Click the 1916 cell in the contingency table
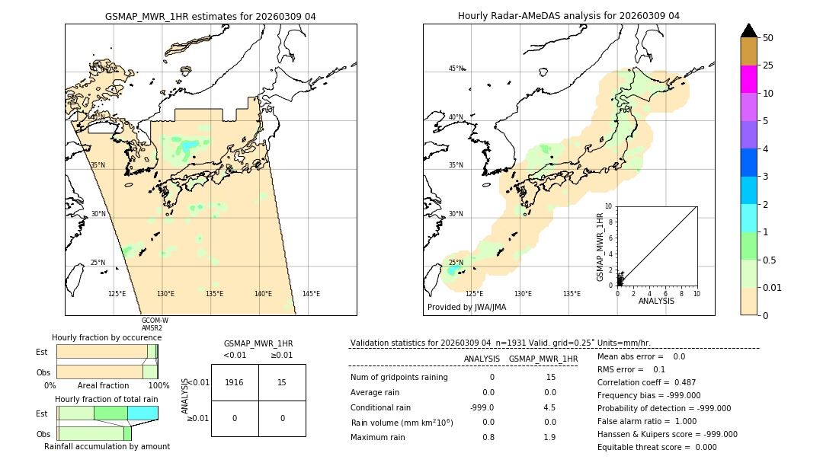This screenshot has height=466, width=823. [x=235, y=382]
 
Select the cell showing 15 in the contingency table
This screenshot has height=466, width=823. [x=282, y=382]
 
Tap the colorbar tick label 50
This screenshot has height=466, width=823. [x=768, y=37]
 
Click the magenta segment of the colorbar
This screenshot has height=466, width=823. [x=748, y=79]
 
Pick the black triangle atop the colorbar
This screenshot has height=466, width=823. [x=748, y=30]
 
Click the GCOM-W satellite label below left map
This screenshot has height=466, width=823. [x=155, y=321]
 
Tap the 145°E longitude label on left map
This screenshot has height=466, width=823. [x=311, y=294]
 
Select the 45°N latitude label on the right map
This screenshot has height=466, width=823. [x=456, y=69]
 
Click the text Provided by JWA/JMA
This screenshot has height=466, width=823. [x=466, y=307]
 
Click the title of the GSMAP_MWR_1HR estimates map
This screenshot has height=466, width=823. [x=210, y=16]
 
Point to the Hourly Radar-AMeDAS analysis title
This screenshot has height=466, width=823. [x=568, y=16]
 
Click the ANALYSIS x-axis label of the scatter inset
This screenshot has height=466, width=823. [x=656, y=301]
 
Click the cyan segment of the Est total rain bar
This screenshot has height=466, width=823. [x=143, y=413]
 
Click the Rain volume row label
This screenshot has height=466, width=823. [x=402, y=423]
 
